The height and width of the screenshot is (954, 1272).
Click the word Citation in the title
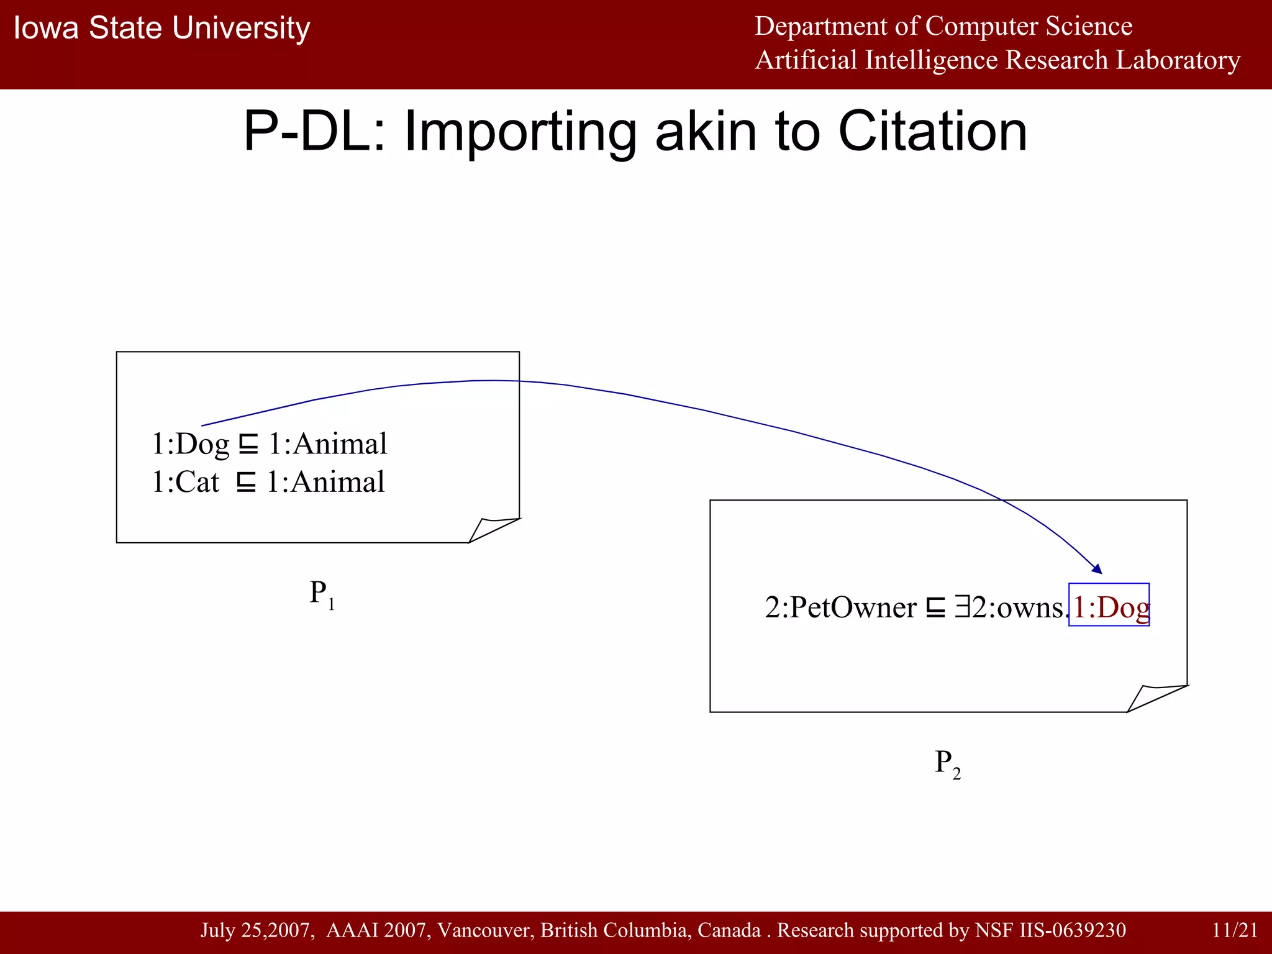pos(932,132)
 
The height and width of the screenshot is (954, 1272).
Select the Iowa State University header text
pos(161,29)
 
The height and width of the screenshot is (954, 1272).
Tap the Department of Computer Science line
pos(943,26)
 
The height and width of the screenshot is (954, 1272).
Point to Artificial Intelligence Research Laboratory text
pos(997,60)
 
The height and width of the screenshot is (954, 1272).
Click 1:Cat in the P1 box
pos(185,483)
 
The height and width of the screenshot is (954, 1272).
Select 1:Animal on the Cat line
pos(325,483)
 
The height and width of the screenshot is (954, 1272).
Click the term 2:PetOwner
pos(840,607)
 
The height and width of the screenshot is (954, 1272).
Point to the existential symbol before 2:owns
pos(962,607)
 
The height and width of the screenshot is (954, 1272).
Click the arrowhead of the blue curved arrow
pos(1097,568)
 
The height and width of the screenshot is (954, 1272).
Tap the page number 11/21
pos(1234,930)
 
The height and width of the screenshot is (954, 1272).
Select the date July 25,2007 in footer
pos(257,930)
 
